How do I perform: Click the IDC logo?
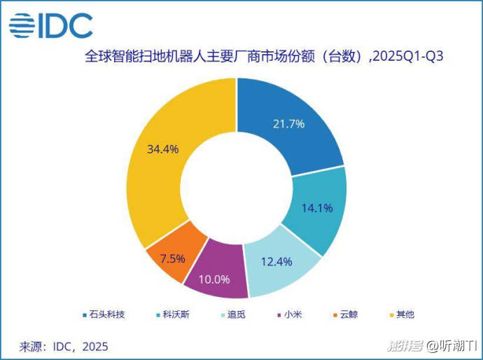coord(50,26)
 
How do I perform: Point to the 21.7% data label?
coord(288,124)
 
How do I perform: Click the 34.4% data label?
coord(163,149)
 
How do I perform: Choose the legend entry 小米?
coord(290,314)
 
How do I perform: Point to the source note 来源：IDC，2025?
coord(64,346)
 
